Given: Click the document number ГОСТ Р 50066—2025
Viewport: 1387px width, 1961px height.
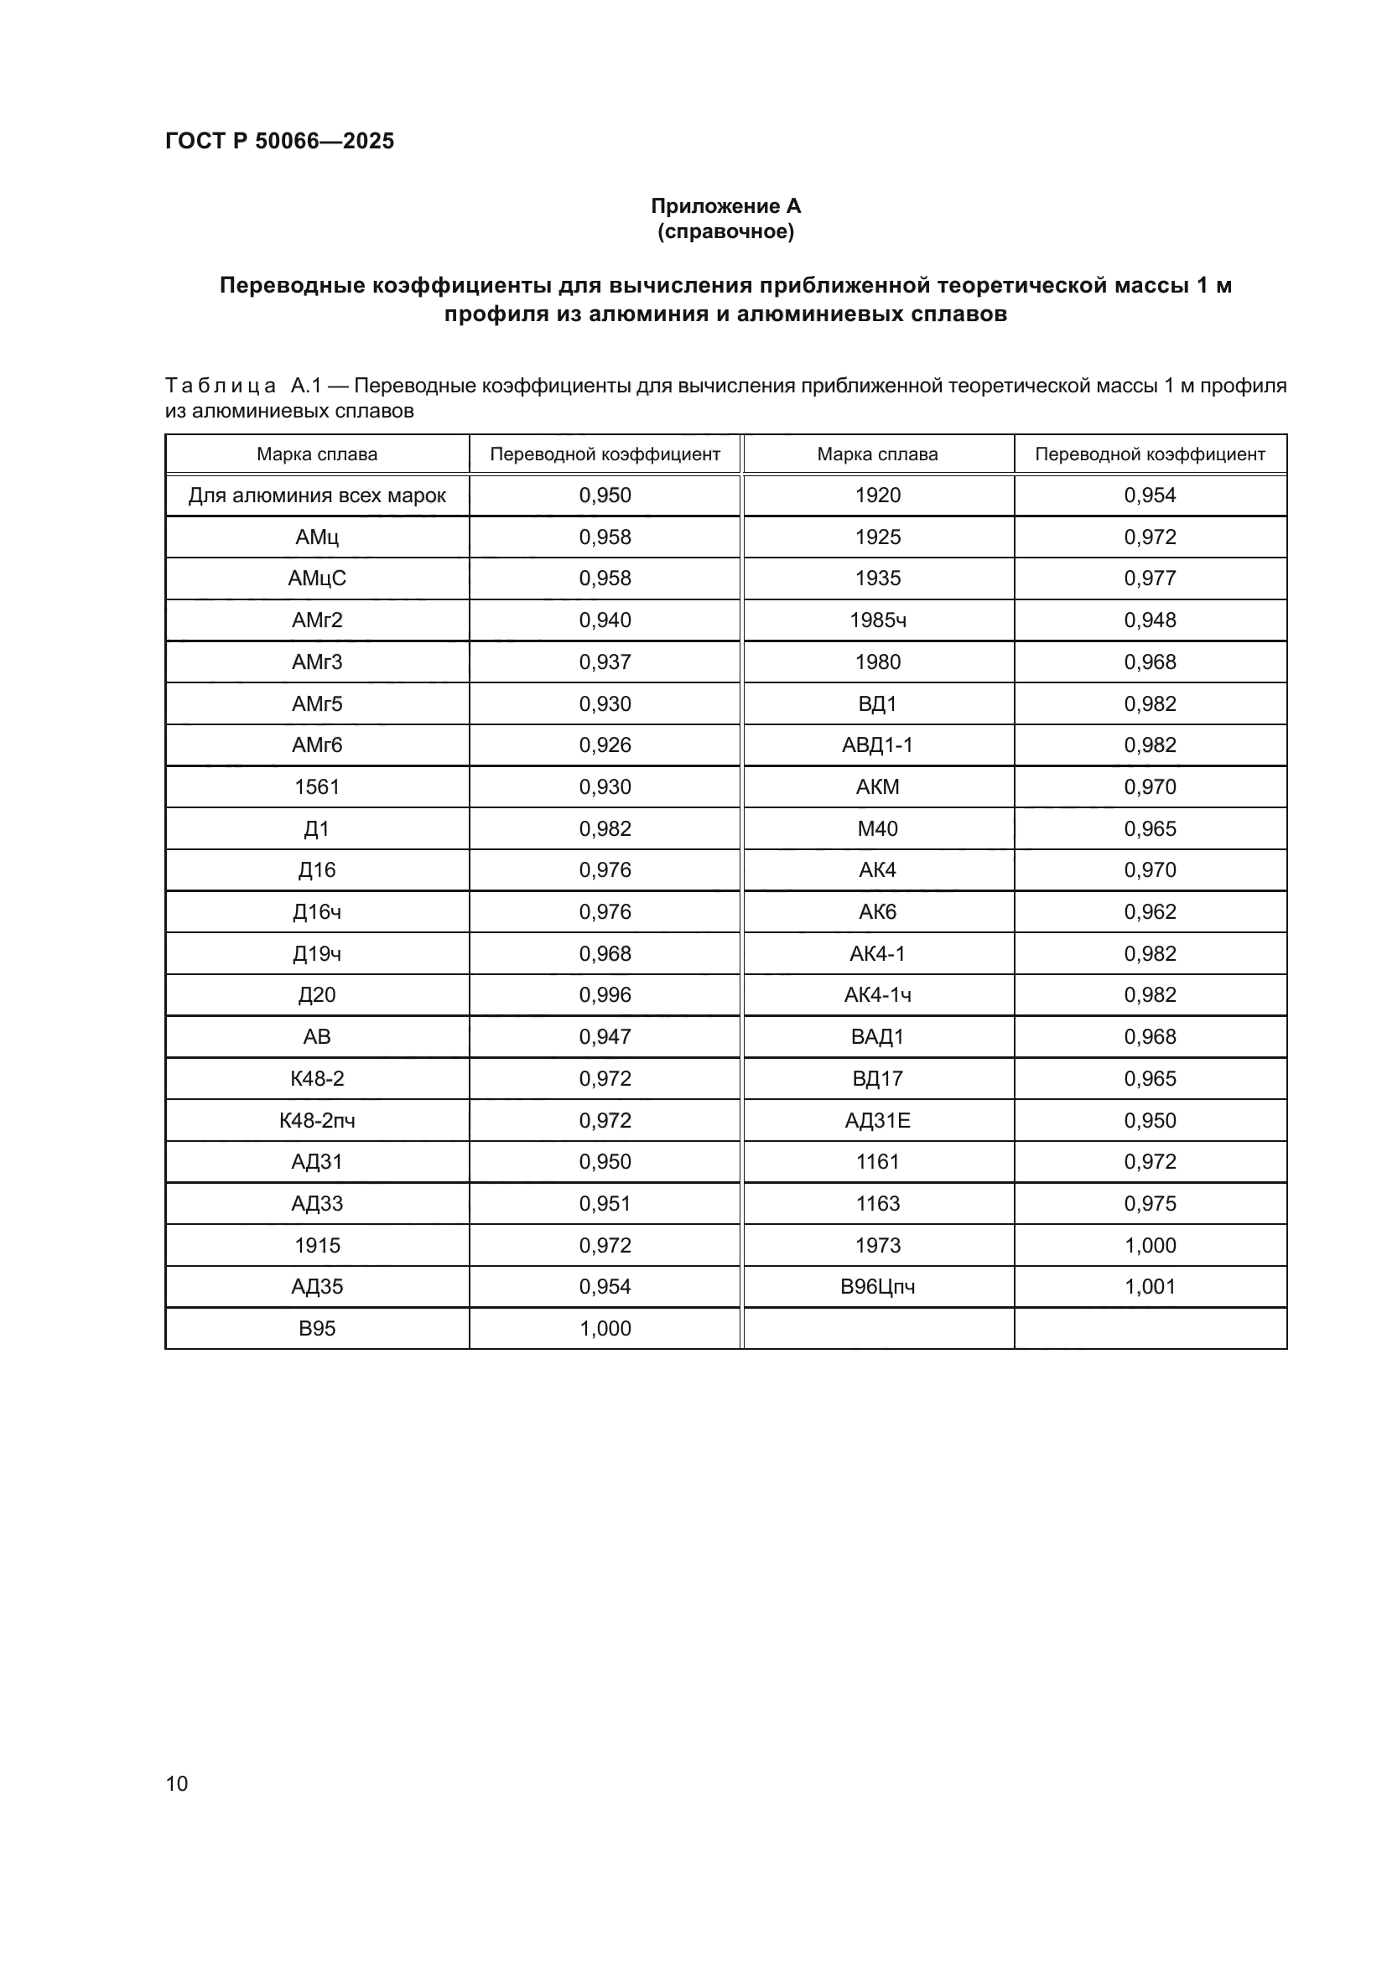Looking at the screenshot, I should point(279,141).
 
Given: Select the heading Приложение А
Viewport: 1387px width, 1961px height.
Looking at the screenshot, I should point(725,206).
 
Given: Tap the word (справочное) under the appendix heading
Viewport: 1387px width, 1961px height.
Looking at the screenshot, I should point(725,231).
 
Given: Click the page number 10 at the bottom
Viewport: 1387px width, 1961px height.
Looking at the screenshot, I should point(177,1783).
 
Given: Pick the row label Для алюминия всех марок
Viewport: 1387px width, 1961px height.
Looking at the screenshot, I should point(317,495).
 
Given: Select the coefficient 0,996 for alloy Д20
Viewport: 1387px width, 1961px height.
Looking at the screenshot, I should point(605,995).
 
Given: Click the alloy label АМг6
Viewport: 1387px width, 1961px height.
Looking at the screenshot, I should point(317,744).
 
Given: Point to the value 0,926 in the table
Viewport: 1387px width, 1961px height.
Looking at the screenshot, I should point(605,744).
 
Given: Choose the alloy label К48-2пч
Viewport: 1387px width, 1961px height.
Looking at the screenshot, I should point(317,1120).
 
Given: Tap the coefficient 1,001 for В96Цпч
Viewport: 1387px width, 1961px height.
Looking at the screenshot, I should point(1150,1286).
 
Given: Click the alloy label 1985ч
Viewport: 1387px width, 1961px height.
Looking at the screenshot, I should point(877,620).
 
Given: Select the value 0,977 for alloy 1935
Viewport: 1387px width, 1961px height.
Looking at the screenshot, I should point(1150,578).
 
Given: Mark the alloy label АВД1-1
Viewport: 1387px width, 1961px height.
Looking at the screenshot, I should point(877,744).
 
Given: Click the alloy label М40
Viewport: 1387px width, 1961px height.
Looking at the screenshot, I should point(877,828).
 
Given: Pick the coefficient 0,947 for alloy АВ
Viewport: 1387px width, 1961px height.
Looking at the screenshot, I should point(605,1037).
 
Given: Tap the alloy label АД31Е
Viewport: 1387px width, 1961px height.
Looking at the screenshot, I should point(877,1120).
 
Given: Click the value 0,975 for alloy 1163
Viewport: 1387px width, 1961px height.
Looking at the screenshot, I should point(1150,1203).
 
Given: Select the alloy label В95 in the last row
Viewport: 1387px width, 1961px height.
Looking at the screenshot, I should point(317,1328).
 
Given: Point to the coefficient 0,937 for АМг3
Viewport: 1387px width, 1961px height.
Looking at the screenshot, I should point(605,662).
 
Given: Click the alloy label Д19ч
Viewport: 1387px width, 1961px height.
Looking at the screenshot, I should point(317,953).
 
